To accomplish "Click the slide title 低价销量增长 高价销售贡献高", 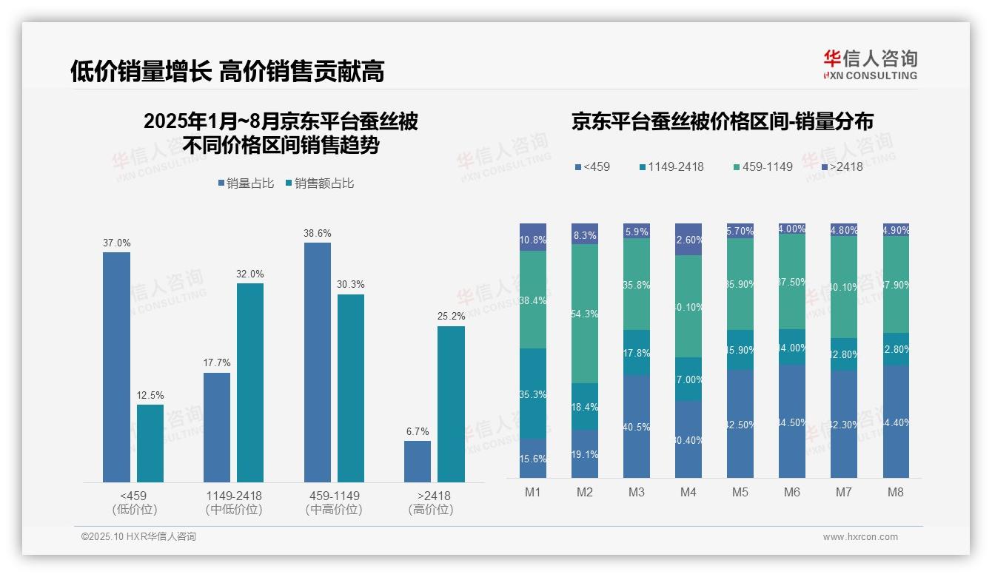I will tap(227, 71).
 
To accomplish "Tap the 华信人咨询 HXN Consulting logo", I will tap(870, 65).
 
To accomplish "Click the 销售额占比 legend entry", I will tap(320, 183).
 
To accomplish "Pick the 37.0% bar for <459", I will tap(116, 367).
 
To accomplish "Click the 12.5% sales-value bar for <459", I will tap(150, 443).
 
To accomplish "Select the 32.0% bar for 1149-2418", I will tap(250, 382).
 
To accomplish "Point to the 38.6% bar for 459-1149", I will tap(317, 362).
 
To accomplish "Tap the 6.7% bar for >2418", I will tap(418, 462).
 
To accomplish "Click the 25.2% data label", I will tap(451, 316).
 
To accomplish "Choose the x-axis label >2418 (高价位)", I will tap(430, 502).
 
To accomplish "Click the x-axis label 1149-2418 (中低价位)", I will tap(233, 502).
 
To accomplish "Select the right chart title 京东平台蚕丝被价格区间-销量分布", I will tap(722, 122).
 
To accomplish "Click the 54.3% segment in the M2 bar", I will tap(585, 314).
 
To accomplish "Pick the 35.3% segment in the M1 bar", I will tap(533, 394).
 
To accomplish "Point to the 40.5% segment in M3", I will tap(637, 426).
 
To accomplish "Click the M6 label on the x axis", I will tap(791, 493).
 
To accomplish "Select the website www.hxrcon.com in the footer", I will tap(860, 537).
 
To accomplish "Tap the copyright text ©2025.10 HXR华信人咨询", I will tap(138, 537).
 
